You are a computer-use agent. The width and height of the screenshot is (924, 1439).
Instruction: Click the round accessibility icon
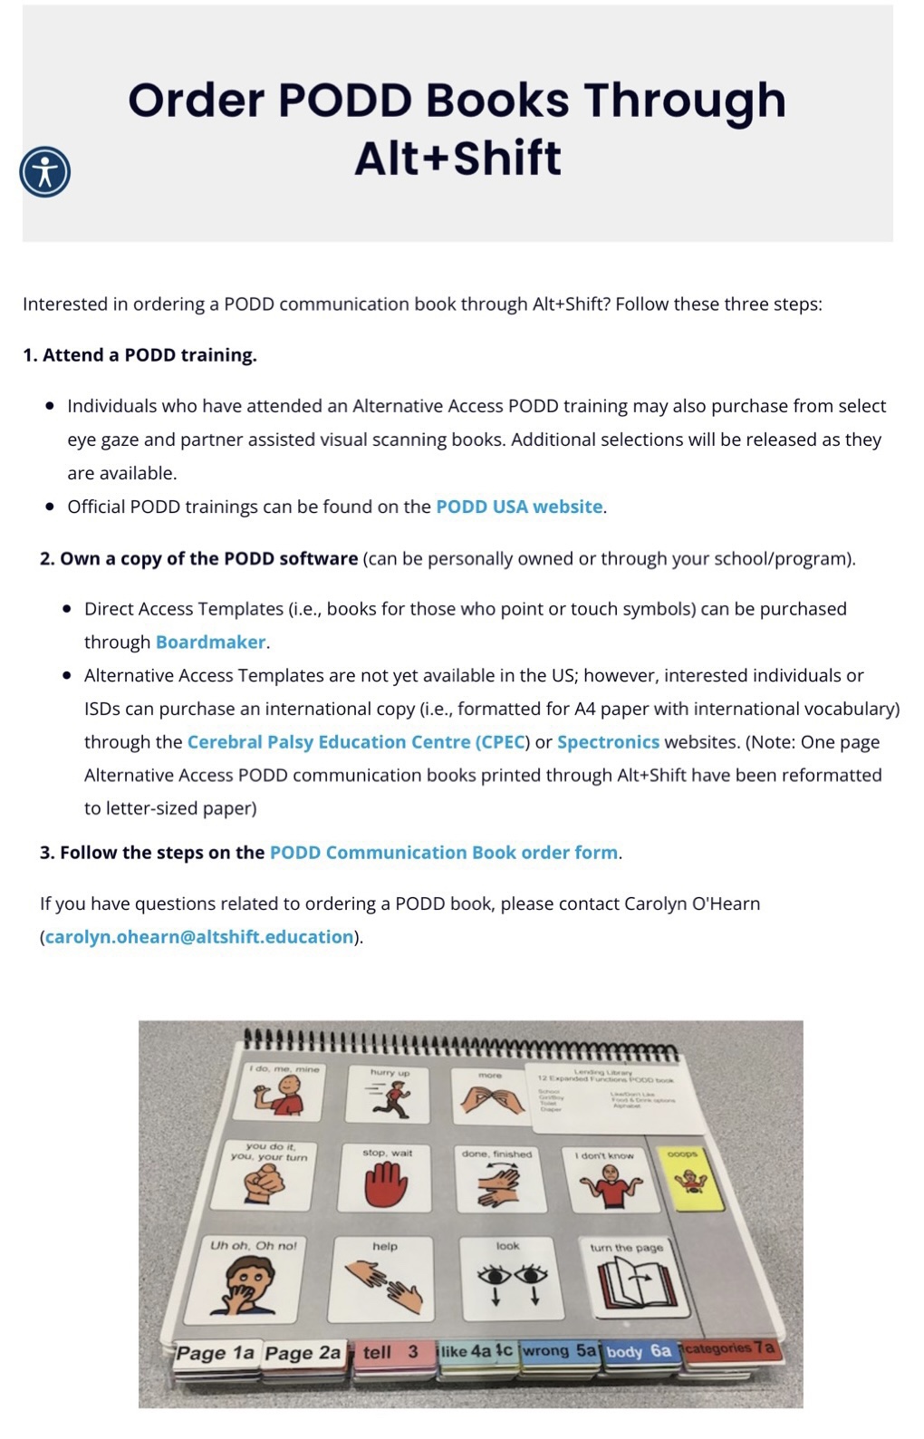coord(44,172)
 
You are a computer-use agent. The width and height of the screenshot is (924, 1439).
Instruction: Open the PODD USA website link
coord(519,507)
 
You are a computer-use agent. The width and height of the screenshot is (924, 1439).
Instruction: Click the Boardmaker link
coord(210,642)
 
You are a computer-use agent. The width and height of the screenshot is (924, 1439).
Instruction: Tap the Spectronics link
coord(608,742)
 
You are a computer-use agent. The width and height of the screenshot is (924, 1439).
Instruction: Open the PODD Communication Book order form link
coord(444,853)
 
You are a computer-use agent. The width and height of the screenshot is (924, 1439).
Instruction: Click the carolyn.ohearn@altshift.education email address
coord(199,937)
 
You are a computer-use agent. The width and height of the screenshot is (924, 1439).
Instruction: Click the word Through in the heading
coord(685,101)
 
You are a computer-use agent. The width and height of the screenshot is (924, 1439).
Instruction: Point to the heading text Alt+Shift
coord(457,158)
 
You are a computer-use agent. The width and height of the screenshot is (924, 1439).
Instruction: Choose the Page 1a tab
coord(216,1354)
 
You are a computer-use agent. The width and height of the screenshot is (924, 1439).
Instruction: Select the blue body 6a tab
coord(639,1352)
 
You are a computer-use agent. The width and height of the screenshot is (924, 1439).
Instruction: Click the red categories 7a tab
coord(728,1348)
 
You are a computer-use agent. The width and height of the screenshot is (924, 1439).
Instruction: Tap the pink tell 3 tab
coord(390,1353)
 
